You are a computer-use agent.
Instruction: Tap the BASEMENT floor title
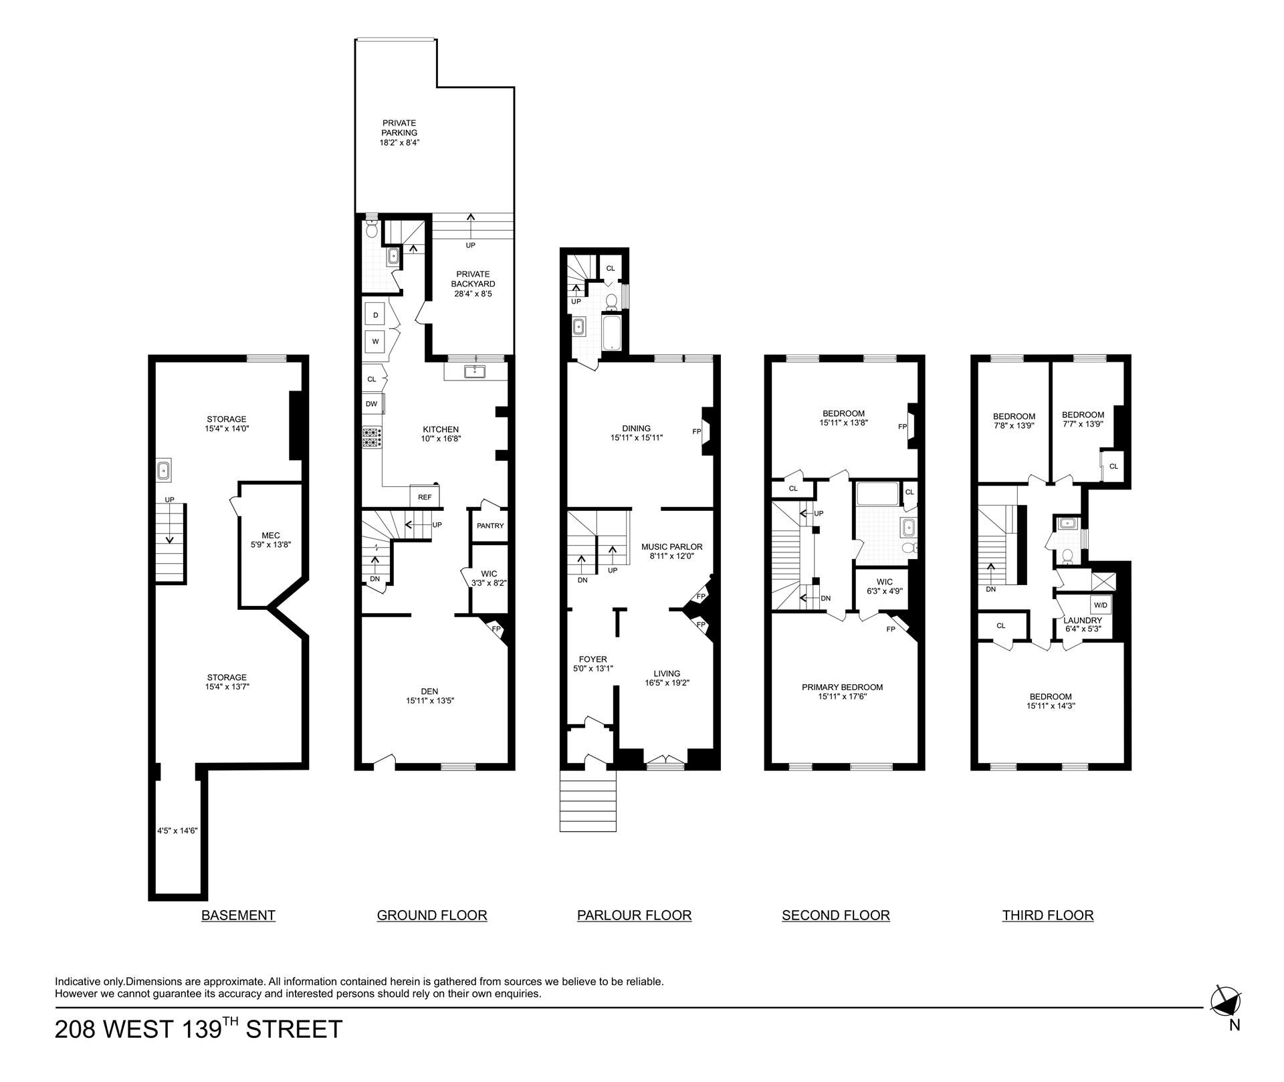coord(238,915)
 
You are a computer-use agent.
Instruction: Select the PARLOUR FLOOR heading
coord(634,915)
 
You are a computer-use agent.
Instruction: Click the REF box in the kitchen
coord(425,497)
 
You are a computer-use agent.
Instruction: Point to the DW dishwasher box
coord(372,404)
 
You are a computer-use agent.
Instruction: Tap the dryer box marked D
coord(375,315)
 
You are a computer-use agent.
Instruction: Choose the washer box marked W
coord(375,341)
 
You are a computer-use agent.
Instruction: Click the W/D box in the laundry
coord(1101,605)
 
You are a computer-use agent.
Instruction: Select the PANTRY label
coord(490,526)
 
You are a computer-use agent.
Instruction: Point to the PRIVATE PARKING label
coord(399,128)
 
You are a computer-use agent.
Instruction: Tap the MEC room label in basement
coord(271,535)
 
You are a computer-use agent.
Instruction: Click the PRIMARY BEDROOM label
coord(842,687)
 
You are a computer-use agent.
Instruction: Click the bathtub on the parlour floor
coord(613,334)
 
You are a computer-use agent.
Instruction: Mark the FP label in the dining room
coord(697,431)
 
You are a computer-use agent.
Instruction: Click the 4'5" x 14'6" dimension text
coord(177,831)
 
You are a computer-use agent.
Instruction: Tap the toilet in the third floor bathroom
coord(1068,555)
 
